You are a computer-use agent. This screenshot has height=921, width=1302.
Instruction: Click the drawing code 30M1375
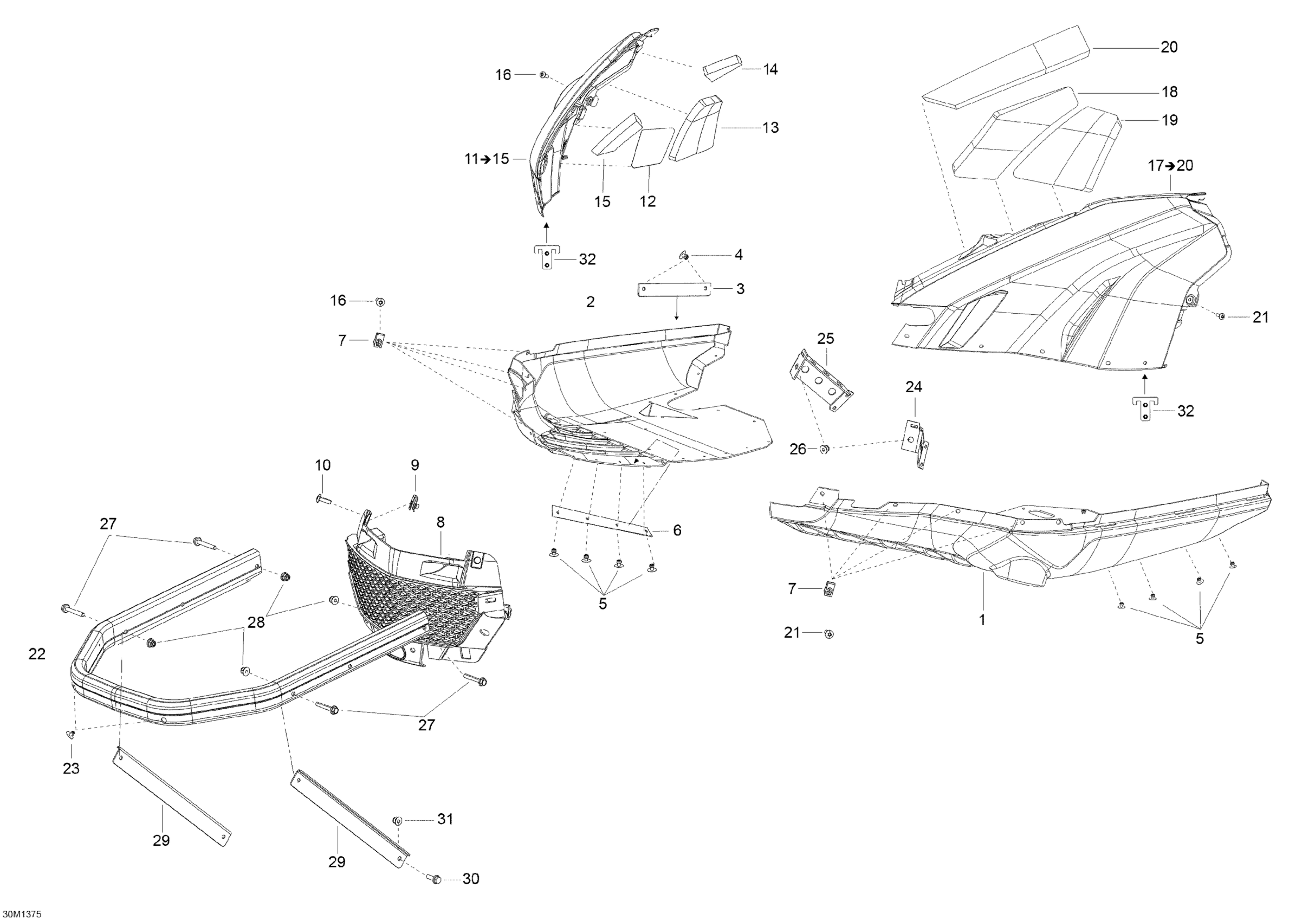pos(21,913)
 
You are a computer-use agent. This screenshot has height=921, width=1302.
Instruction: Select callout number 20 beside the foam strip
pos(1169,47)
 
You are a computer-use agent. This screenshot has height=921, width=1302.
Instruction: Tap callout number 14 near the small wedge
pos(770,69)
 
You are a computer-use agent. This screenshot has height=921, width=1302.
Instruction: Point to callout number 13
pos(770,128)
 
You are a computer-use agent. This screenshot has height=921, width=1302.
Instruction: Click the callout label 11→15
pos(487,159)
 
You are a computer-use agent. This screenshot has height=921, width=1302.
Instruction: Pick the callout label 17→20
pos(1170,166)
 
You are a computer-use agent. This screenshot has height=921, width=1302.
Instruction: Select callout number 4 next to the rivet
pos(739,255)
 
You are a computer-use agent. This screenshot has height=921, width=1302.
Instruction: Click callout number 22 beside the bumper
pos(37,654)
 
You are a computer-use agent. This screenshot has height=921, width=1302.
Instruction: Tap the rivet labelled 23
pos(72,735)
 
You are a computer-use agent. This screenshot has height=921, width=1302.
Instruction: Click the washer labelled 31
pos(397,820)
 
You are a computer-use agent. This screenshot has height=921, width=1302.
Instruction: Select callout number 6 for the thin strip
pos(677,530)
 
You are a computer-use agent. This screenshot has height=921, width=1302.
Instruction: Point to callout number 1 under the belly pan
pos(982,620)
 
